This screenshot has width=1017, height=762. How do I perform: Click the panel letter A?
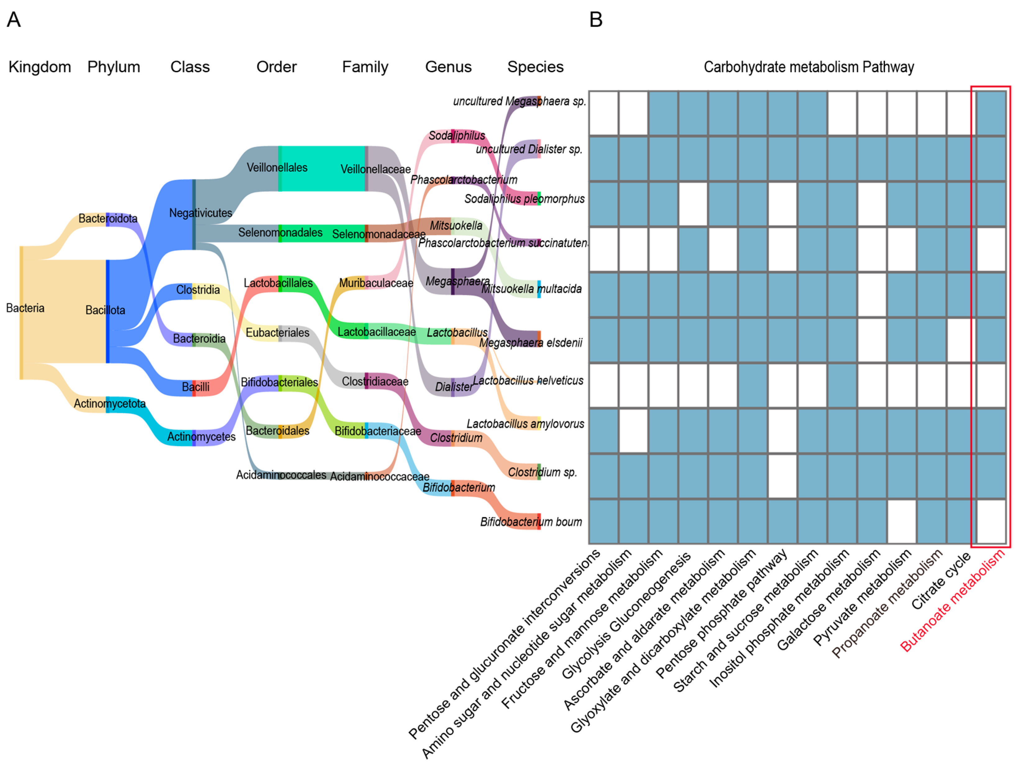pyautogui.click(x=14, y=20)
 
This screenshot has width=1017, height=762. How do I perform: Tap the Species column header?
pyautogui.click(x=535, y=67)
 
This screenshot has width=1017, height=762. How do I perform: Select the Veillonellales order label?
pyautogui.click(x=277, y=168)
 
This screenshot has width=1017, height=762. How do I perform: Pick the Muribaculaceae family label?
pyautogui.click(x=376, y=283)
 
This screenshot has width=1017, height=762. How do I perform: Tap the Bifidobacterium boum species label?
pyautogui.click(x=531, y=522)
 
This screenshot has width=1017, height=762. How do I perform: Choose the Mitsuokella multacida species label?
pyautogui.click(x=531, y=289)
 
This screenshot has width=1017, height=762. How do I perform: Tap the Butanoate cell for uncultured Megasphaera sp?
pyautogui.click(x=991, y=113)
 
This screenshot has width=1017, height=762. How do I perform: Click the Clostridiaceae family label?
pyautogui.click(x=375, y=381)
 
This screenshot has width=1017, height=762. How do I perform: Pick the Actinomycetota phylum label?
pyautogui.click(x=109, y=403)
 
